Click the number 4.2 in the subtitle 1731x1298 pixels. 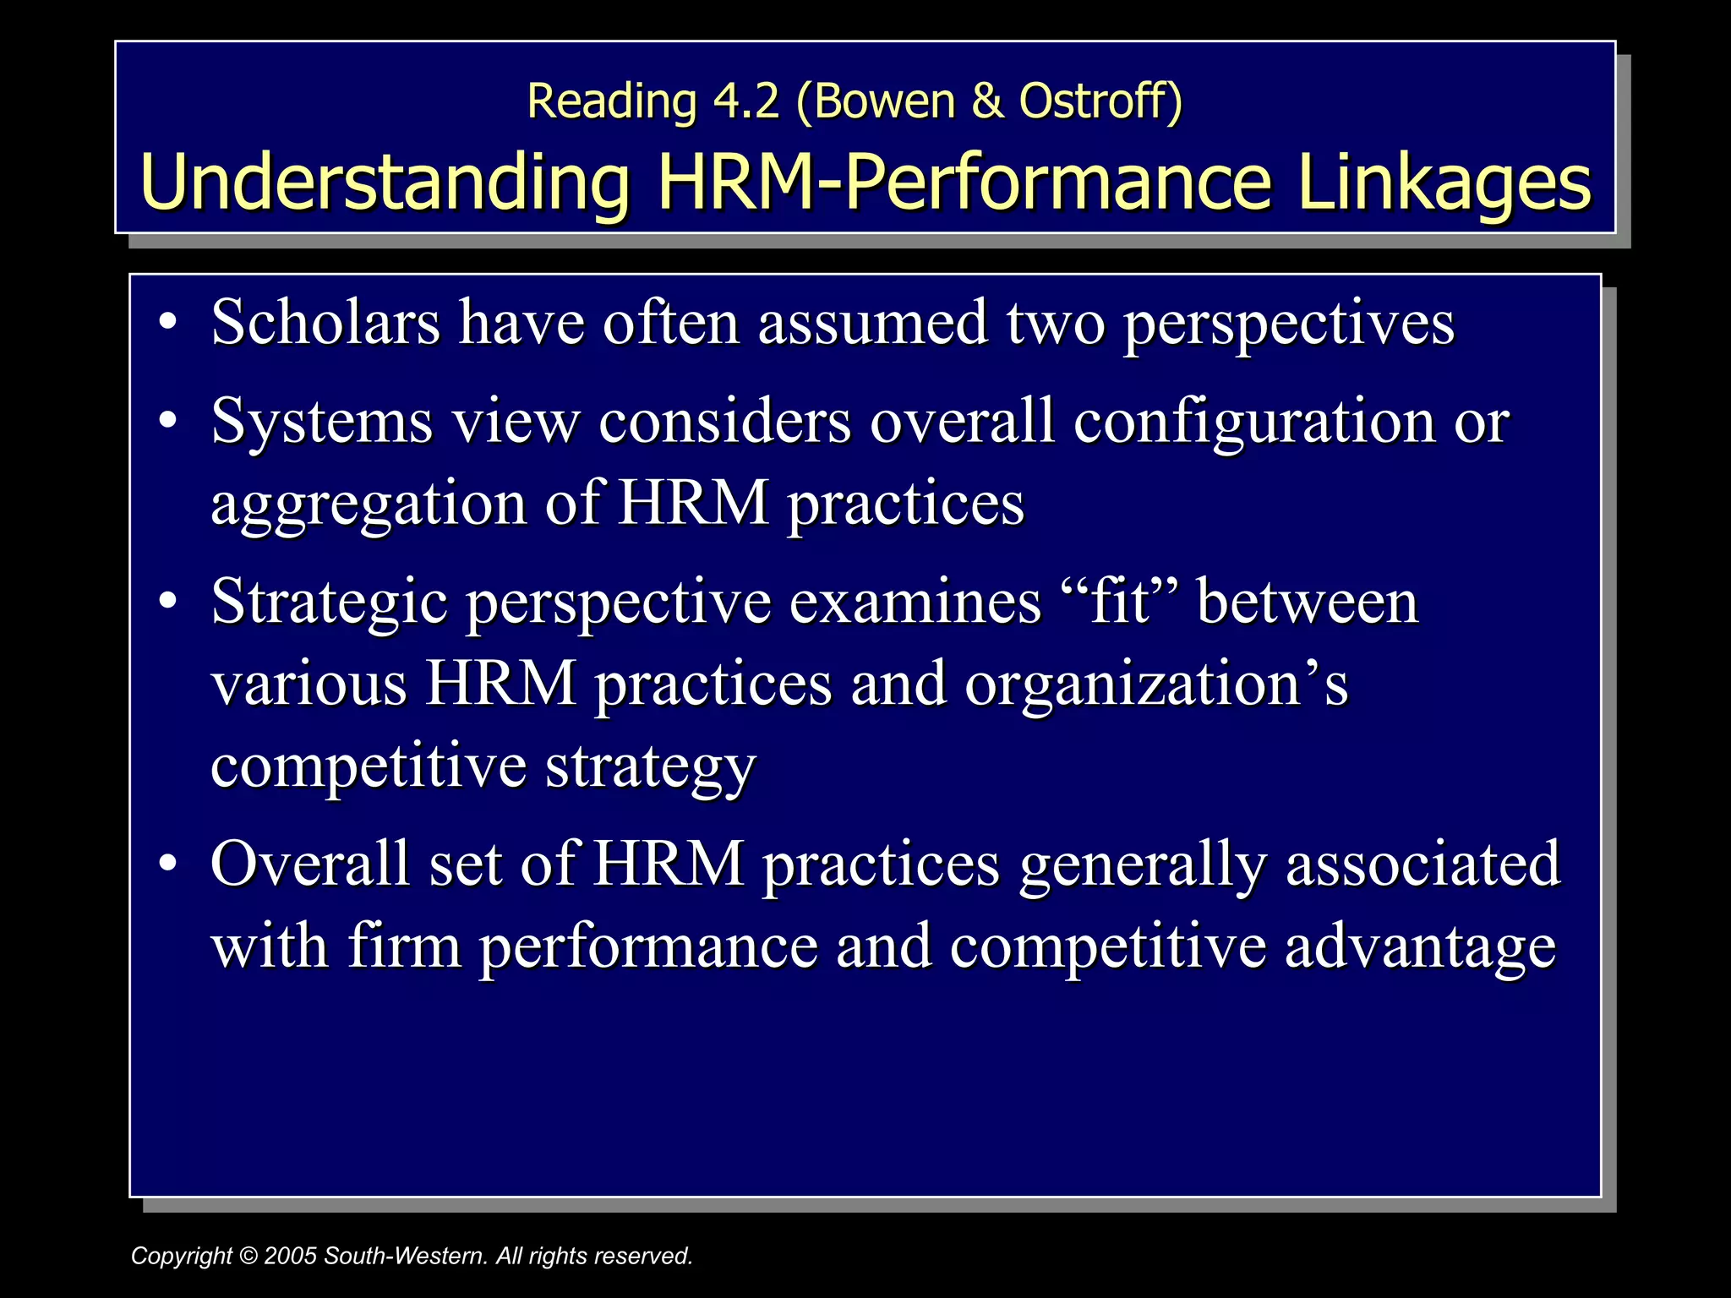pyautogui.click(x=745, y=101)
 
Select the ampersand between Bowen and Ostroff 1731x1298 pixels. pyautogui.click(x=986, y=101)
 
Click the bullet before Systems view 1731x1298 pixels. pyautogui.click(x=168, y=420)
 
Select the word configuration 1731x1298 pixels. pyautogui.click(x=1254, y=421)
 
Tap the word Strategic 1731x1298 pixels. pyautogui.click(x=330, y=602)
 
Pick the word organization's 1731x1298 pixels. pyautogui.click(x=1156, y=684)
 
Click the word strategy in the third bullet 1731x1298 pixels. pyautogui.click(x=650, y=766)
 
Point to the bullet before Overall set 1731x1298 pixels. pyautogui.click(x=168, y=863)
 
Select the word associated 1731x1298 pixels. pyautogui.click(x=1422, y=864)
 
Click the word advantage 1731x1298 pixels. pyautogui.click(x=1420, y=946)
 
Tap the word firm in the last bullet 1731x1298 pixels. pyautogui.click(x=404, y=946)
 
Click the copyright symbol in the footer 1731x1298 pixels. pyautogui.click(x=248, y=1256)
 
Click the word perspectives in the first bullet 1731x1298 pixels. pyautogui.click(x=1288, y=324)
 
